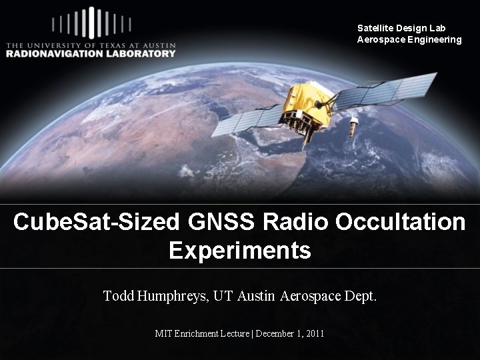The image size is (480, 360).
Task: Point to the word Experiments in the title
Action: [239, 251]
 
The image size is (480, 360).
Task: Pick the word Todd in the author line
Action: [119, 295]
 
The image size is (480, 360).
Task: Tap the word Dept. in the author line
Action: [361, 295]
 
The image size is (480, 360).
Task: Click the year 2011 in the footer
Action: [313, 333]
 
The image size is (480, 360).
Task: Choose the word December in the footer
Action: [275, 333]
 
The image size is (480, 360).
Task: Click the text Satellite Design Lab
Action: [401, 28]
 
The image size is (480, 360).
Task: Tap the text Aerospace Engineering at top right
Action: [409, 39]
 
